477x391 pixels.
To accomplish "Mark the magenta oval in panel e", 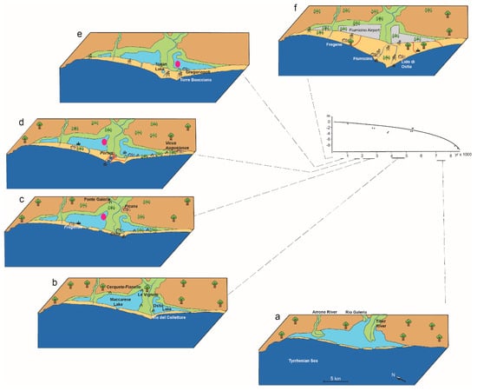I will (178, 63).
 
